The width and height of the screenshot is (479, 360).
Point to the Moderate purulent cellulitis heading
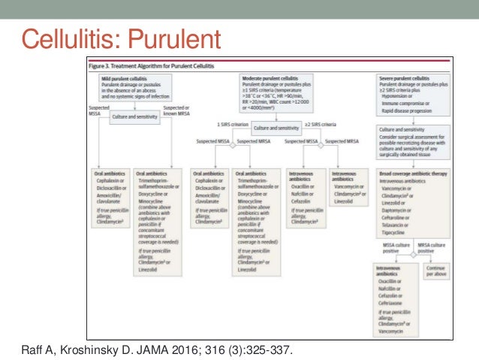point(276,77)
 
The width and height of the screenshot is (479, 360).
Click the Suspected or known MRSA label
point(177,110)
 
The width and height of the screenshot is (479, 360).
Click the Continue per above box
point(434,270)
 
